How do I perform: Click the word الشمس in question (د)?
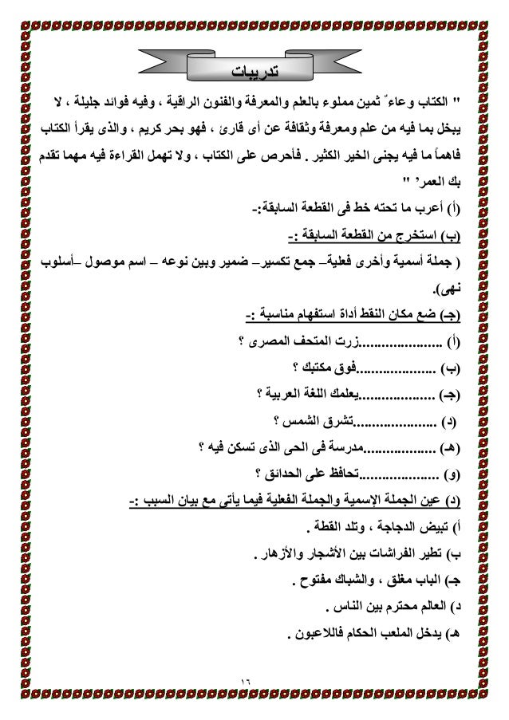[301, 419]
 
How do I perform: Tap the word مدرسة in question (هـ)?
[350, 445]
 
